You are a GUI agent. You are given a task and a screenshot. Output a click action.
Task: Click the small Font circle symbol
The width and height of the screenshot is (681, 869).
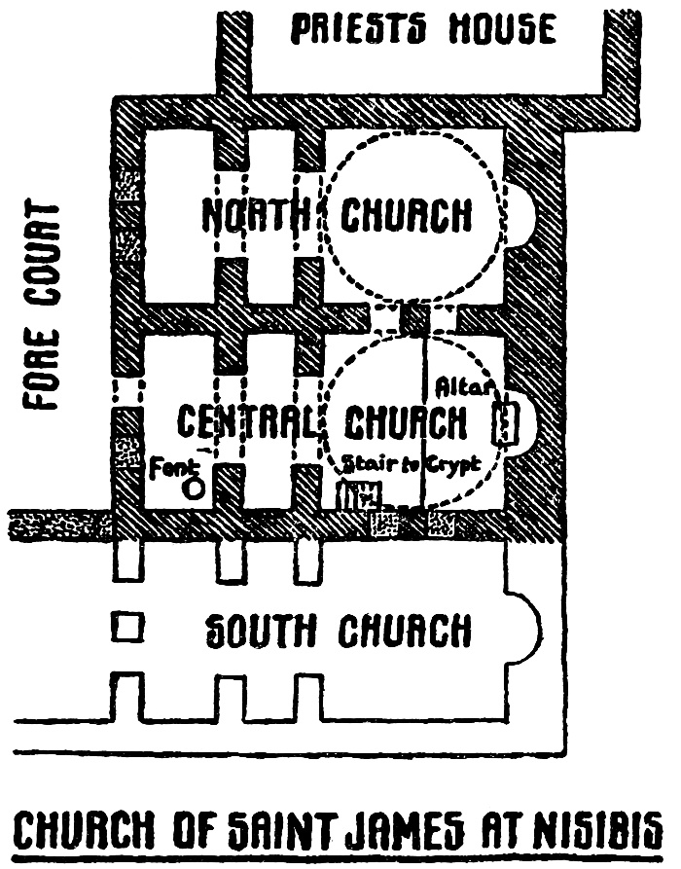195,489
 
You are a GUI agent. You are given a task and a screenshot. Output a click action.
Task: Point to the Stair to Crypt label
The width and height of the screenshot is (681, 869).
408,465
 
